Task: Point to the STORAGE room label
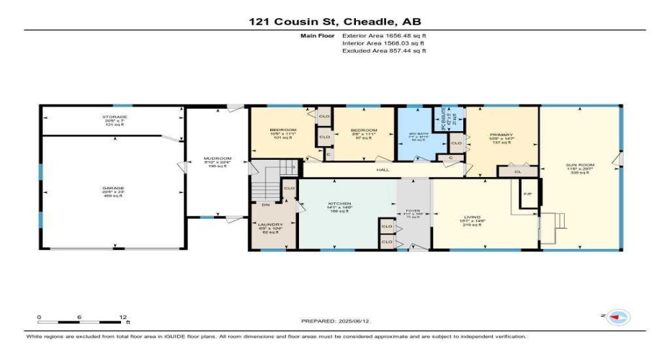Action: (114, 117)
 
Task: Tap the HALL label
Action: (383, 170)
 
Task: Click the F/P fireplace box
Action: (527, 194)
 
